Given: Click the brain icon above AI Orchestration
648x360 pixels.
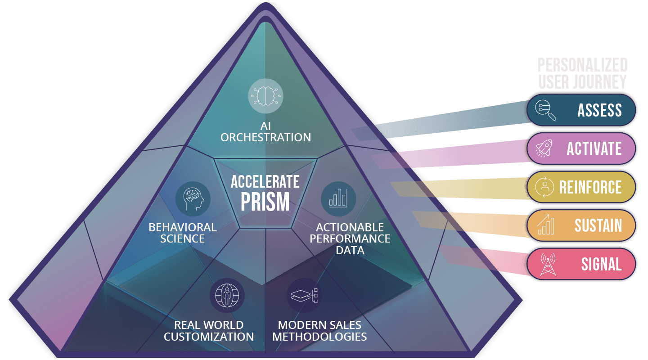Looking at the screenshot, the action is (265, 96).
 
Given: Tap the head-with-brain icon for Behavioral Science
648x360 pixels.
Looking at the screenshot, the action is (193, 199).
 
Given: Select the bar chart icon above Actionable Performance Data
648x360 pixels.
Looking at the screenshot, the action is (338, 199).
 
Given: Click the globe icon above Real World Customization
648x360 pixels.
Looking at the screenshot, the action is (227, 296).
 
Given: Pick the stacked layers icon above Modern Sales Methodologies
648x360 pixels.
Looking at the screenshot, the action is (304, 296).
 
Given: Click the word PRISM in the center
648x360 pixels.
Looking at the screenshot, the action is (265, 202).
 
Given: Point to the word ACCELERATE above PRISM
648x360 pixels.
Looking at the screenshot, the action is (265, 182).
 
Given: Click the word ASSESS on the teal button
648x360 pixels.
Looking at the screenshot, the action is (600, 110).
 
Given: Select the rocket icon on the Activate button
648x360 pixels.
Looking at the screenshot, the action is (544, 148).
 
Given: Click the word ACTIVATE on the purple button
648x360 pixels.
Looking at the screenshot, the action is (594, 149).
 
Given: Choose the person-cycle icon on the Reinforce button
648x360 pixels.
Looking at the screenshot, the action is (544, 187).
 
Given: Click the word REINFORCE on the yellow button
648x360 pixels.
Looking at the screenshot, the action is (590, 187).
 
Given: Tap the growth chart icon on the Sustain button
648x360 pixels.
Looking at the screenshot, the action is (545, 225).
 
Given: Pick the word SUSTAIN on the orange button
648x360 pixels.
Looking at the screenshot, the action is (598, 226).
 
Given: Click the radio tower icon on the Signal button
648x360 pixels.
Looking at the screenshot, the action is (548, 264).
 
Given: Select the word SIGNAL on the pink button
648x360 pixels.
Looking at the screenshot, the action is (601, 265).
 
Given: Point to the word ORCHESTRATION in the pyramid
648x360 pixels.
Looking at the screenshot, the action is (265, 137).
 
